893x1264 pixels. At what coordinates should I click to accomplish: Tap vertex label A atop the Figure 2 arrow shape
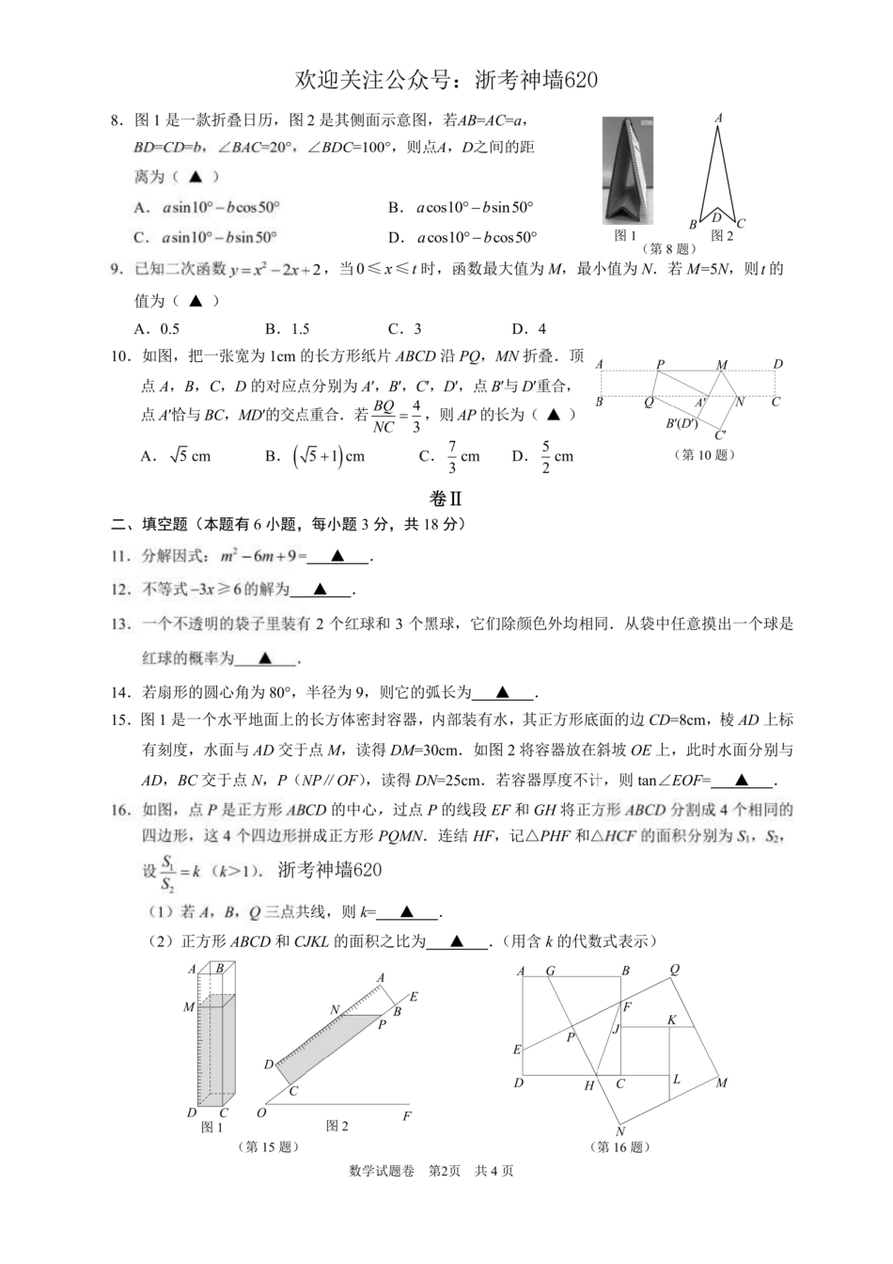[718, 118]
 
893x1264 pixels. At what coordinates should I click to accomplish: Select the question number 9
[117, 270]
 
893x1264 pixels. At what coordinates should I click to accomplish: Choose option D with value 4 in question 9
[529, 329]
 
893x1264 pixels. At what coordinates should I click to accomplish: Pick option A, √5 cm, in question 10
[176, 456]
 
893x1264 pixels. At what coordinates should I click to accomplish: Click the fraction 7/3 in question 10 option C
[452, 456]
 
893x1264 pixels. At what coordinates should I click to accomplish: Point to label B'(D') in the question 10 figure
[681, 423]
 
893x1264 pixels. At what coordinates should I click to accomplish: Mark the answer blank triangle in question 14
[502, 693]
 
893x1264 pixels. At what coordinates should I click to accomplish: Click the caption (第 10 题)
[705, 455]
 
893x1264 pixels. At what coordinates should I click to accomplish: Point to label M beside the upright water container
[189, 1007]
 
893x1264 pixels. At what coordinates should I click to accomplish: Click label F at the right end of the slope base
[407, 1116]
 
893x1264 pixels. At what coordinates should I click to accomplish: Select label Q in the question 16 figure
[674, 970]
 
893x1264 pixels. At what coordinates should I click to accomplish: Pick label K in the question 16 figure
[671, 1019]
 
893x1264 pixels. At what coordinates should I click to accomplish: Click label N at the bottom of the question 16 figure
[620, 1131]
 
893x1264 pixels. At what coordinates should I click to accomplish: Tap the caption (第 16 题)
[619, 1147]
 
